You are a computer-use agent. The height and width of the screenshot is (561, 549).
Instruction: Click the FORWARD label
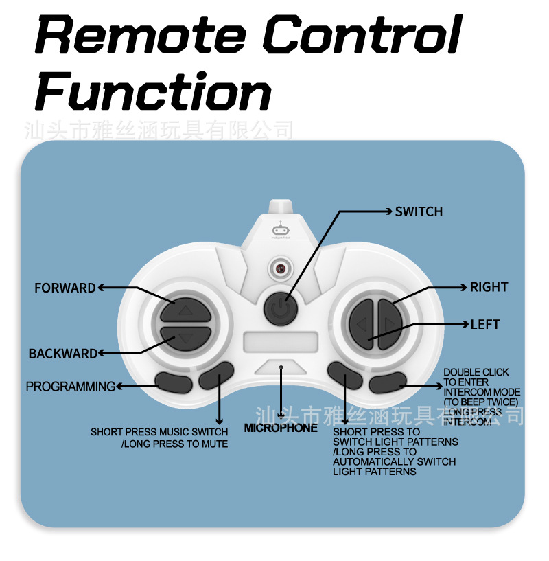[x=65, y=288]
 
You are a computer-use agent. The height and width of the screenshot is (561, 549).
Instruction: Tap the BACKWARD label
[x=63, y=354]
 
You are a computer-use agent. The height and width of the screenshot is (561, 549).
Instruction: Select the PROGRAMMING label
[x=71, y=387]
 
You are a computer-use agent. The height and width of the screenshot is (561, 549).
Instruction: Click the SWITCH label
[x=419, y=211]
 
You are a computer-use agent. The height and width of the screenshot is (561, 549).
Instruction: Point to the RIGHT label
[x=489, y=287]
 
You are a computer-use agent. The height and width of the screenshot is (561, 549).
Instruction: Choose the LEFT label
[x=484, y=324]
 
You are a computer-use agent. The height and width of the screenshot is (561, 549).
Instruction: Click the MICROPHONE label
[x=281, y=428]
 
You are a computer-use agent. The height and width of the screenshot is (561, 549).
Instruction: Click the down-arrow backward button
[x=185, y=337]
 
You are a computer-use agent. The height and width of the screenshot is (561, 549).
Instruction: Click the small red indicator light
[x=280, y=268]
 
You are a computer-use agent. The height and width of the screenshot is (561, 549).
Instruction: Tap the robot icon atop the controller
[x=280, y=230]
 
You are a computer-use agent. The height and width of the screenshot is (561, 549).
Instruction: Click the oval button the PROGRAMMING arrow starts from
[x=173, y=381]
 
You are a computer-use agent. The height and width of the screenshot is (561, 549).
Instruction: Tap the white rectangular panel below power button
[x=280, y=341]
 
